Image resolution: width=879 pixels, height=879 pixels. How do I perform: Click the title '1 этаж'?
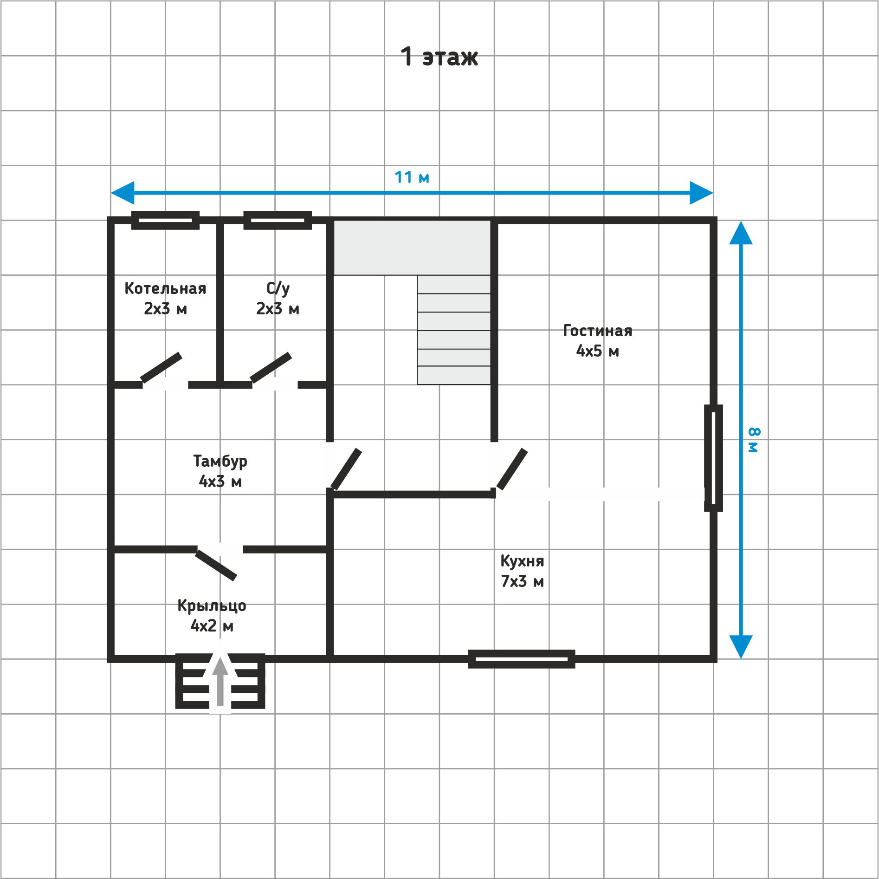(439, 57)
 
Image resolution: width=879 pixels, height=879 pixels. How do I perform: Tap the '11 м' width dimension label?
(412, 177)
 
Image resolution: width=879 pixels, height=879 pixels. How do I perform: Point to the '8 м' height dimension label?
(753, 440)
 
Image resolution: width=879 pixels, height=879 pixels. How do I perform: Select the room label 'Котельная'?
(165, 288)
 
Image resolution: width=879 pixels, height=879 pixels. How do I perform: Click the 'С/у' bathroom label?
(278, 288)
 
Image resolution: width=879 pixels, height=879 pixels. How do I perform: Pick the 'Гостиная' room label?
(598, 331)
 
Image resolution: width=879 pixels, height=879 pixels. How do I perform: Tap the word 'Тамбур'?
(220, 461)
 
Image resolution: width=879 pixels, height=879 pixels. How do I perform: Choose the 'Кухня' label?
(522, 561)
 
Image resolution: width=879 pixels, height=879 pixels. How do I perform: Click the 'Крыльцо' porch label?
(212, 606)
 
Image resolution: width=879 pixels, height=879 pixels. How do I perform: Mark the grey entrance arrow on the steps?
(220, 680)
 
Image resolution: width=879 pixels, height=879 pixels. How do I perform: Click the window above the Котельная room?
(165, 220)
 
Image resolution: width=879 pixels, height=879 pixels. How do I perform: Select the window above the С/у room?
(278, 220)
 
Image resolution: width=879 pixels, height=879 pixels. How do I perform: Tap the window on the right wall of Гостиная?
(713, 458)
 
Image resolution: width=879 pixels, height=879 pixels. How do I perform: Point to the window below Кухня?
(522, 659)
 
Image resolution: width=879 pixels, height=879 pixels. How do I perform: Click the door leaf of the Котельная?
(161, 368)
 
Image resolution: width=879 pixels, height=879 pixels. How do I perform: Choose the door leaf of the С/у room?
(271, 368)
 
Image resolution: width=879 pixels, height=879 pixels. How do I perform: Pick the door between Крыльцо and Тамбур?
(216, 565)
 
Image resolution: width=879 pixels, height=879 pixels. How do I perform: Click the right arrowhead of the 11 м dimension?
(701, 193)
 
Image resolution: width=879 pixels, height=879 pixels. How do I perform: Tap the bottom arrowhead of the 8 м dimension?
(741, 647)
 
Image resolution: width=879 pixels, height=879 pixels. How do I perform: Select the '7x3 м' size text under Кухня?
(522, 581)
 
